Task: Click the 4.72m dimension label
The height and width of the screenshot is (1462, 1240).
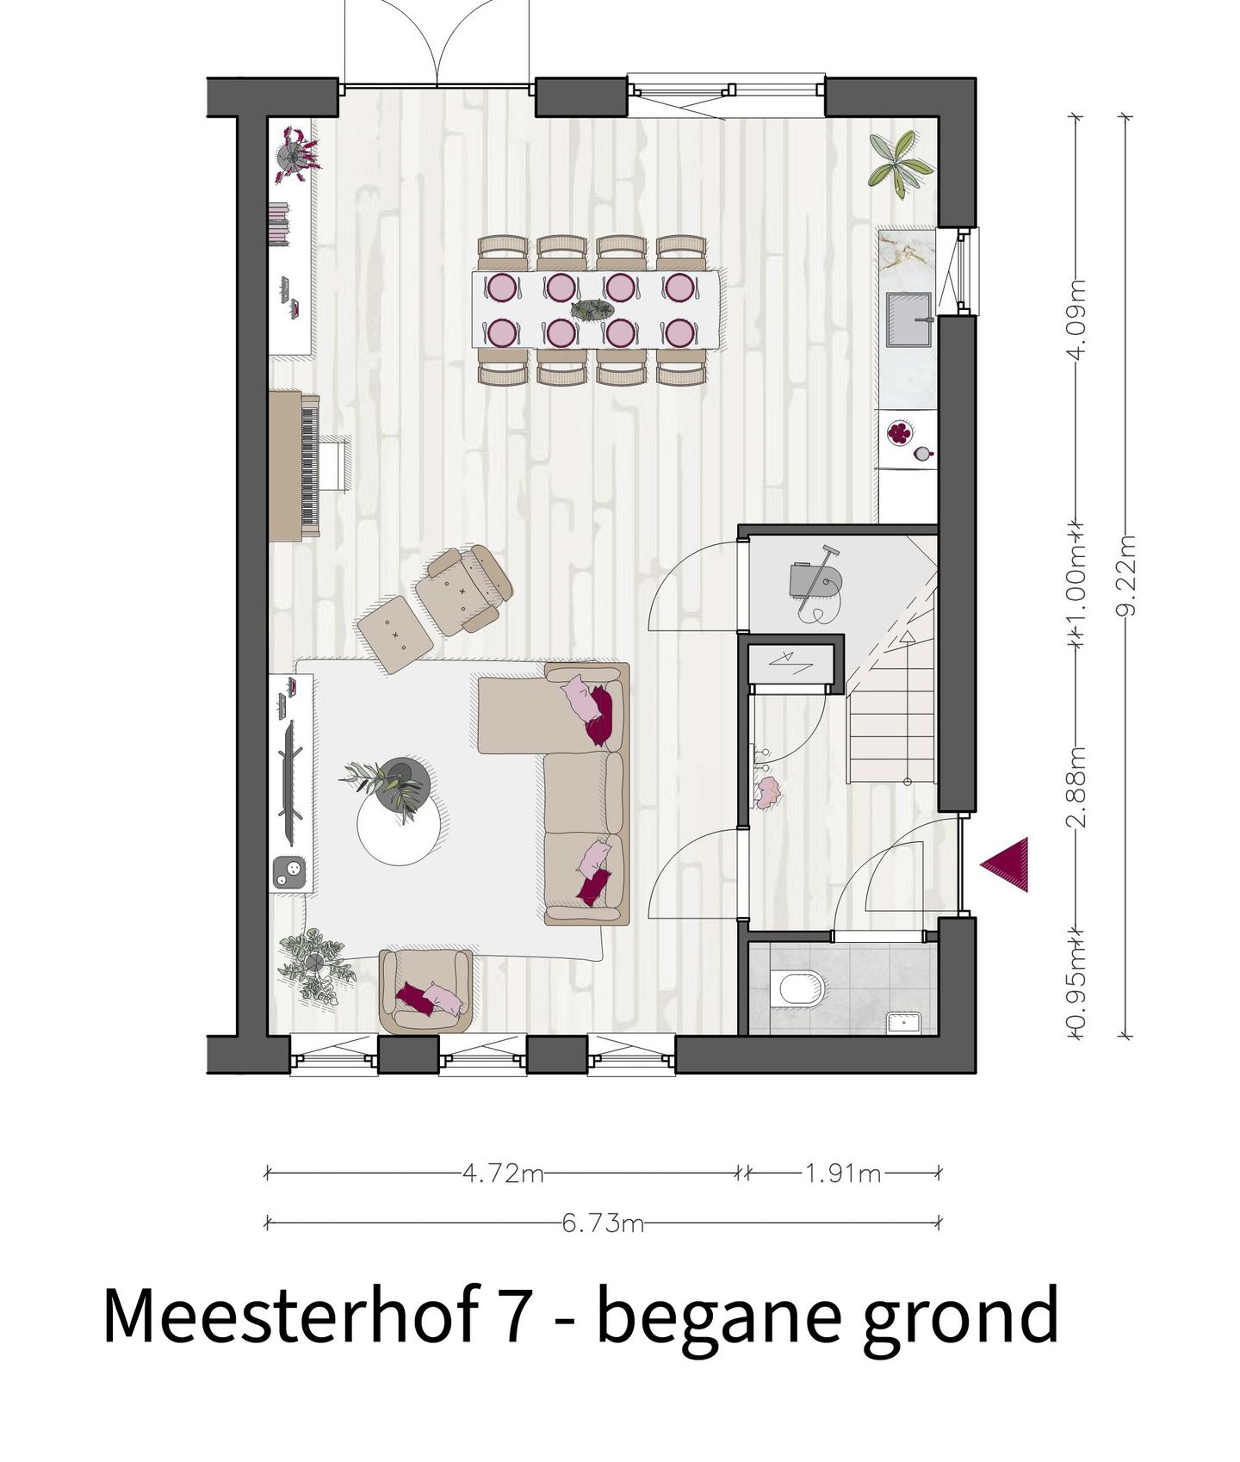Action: coord(503,1173)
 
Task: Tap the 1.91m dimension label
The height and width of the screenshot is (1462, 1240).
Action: coord(843,1173)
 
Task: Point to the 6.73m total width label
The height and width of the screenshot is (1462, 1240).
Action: coord(603,1223)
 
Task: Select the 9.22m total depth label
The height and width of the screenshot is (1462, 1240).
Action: coord(1127,575)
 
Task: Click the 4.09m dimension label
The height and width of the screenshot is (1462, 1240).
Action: coord(1076,320)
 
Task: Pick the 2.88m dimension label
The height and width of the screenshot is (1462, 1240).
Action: coord(1076,787)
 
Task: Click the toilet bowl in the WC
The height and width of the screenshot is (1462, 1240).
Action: coord(801,988)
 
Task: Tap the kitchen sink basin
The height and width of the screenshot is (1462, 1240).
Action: coord(909,319)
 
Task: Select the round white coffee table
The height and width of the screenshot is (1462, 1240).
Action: coord(398,827)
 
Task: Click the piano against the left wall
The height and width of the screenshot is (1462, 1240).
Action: coord(294,466)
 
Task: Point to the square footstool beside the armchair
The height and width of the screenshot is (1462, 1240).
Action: coord(395,634)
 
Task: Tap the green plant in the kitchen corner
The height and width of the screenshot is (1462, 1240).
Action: coord(900,162)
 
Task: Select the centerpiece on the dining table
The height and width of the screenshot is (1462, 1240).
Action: coord(592,310)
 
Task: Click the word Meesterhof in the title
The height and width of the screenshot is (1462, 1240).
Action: coord(290,1316)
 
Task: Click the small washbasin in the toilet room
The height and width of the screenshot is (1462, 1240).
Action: coord(905,1022)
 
